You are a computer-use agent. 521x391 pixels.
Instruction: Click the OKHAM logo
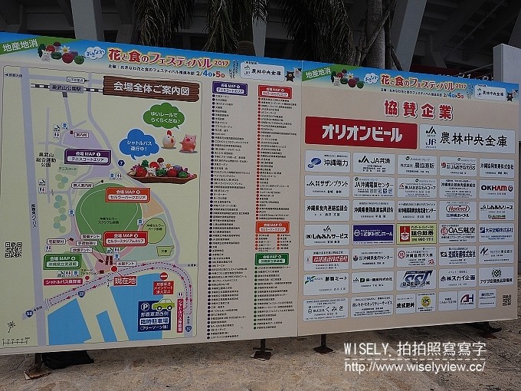pyautogui.click(x=496, y=188)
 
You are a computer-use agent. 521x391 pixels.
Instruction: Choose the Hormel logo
pyautogui.click(x=457, y=209)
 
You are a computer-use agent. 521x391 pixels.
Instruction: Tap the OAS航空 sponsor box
pyautogui.click(x=457, y=231)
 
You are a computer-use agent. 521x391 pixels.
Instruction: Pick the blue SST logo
pyautogui.click(x=418, y=278)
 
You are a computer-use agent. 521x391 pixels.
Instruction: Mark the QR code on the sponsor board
pyautogui.click(x=506, y=300)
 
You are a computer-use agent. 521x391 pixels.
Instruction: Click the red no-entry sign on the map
pyautogui.click(x=162, y=276)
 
